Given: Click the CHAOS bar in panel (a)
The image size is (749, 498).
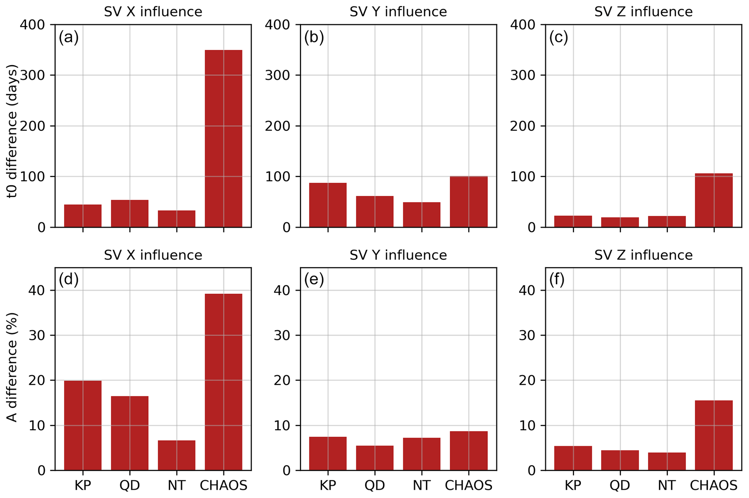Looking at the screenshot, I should [224, 139].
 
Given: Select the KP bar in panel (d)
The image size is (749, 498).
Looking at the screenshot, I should [83, 425].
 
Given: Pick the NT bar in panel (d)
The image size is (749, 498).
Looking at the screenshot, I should [176, 455].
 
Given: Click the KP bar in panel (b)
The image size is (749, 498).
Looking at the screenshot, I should [328, 205].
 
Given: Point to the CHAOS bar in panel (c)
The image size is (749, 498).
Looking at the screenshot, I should [714, 200].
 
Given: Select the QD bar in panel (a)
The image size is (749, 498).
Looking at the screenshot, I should [130, 214].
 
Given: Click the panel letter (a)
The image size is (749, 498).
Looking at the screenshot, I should [68, 37].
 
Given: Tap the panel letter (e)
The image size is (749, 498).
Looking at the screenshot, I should [314, 280].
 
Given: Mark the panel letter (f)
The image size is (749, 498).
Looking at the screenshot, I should [557, 280].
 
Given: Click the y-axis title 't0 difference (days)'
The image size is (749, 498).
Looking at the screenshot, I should [12, 131].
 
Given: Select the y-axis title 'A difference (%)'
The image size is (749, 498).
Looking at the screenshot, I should [12, 367].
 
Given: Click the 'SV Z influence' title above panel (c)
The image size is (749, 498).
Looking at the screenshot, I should [643, 12].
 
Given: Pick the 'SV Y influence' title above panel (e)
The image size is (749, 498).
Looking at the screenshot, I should [398, 255].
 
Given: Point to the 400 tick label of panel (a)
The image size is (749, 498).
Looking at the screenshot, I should [32, 25].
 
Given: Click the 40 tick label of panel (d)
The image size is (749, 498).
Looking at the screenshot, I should [37, 290].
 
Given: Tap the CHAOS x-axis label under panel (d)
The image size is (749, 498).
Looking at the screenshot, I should [224, 485].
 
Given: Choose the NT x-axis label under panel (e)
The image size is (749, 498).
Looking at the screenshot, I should [421, 485].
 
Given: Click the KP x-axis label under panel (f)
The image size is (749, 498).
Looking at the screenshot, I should [573, 485].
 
